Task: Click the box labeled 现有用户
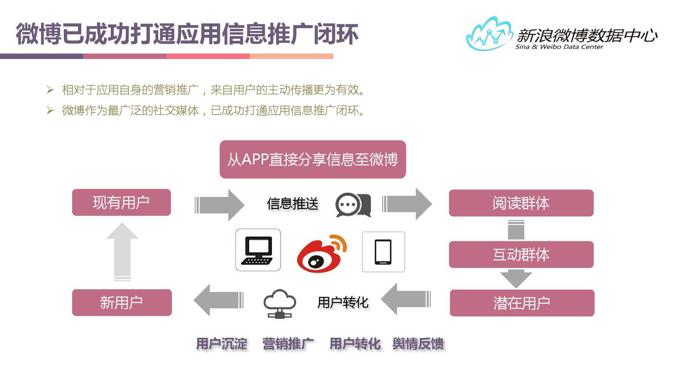point(121,202)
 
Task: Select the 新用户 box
point(122,303)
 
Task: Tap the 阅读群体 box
point(521,203)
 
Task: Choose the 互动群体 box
point(521,255)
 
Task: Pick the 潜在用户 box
point(522,303)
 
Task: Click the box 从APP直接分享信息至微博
point(312,160)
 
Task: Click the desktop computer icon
point(258,250)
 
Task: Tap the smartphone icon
point(383,252)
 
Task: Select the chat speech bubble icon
point(353,204)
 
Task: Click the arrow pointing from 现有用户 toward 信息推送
point(220,205)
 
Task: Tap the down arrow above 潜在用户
point(516,278)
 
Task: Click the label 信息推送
point(293,204)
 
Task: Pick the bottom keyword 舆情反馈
point(418,344)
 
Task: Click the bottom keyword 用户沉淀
point(222,344)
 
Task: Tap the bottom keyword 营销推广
point(288,344)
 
